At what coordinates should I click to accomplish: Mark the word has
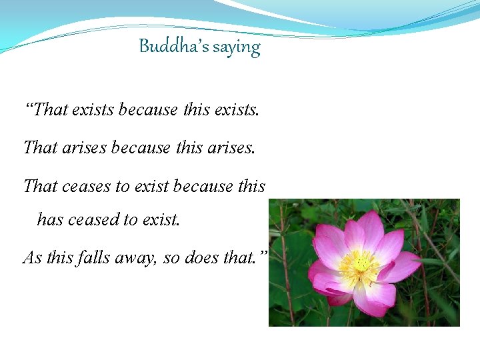[50, 219]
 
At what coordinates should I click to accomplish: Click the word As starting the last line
[32, 257]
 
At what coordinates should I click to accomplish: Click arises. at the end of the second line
[233, 147]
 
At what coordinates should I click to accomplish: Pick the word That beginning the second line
[41, 147]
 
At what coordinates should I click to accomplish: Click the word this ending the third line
[251, 186]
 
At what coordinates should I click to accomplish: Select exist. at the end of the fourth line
[158, 219]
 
